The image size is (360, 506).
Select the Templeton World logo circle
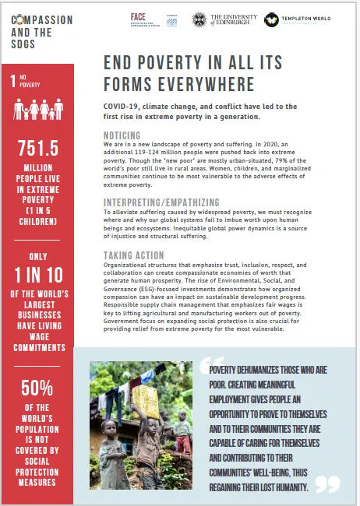point(272,19)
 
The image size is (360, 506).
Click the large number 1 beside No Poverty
point(13,80)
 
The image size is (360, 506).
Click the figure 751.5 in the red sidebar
point(37,149)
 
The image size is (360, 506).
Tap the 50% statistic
point(37,387)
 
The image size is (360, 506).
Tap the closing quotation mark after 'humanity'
point(327,484)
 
